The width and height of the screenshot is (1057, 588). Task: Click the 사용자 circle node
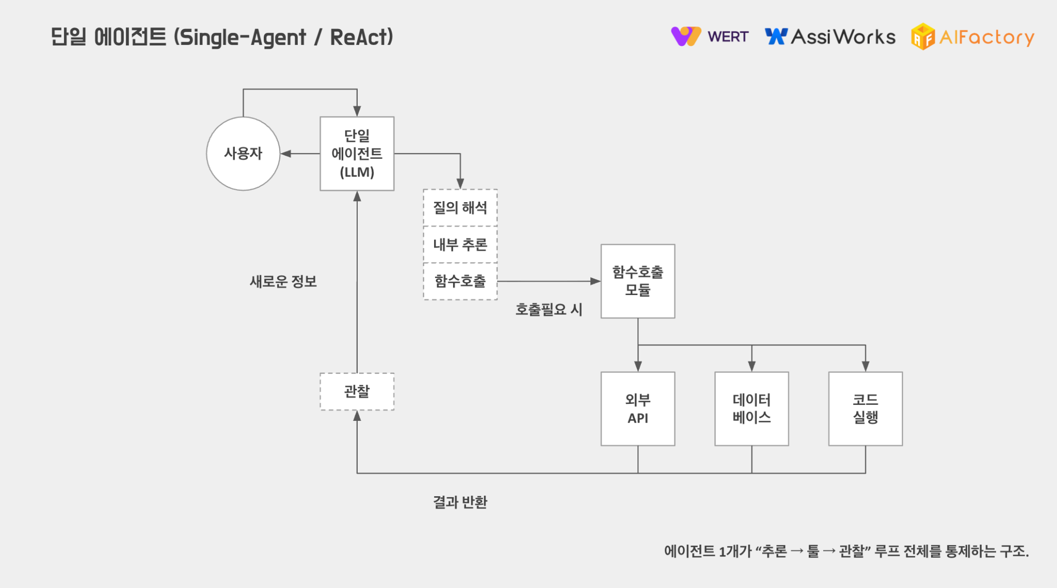(x=243, y=153)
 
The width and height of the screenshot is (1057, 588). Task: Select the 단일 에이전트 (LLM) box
(x=357, y=153)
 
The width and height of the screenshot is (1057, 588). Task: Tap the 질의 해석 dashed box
(x=460, y=207)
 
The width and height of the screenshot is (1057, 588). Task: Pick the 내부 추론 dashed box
(x=460, y=244)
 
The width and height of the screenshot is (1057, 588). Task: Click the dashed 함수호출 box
(x=460, y=281)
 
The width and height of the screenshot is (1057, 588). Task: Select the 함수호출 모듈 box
(x=637, y=281)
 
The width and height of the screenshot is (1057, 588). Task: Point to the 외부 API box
(x=637, y=409)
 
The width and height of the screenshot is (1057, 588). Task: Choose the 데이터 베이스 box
(x=751, y=409)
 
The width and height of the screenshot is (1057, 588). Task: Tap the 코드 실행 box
(x=865, y=409)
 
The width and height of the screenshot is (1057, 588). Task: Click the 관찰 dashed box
(x=357, y=391)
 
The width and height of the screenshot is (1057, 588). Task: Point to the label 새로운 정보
(x=283, y=282)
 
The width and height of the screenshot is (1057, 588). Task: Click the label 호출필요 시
(x=549, y=309)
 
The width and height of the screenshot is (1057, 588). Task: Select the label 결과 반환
(x=460, y=502)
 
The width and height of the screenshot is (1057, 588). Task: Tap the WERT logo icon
(x=686, y=36)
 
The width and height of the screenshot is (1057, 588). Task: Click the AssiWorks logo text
(x=843, y=37)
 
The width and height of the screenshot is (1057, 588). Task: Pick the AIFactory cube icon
(x=923, y=37)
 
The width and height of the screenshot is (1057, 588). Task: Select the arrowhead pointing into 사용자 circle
(x=285, y=154)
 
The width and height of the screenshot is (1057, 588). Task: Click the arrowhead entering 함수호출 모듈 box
(x=596, y=281)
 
